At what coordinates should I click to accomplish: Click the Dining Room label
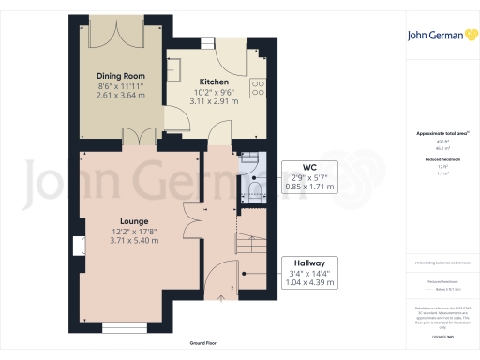point(120,75)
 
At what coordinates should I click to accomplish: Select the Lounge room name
point(109,221)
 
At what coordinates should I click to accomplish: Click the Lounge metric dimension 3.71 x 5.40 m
point(109,242)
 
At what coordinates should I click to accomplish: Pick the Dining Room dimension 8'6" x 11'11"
point(120,85)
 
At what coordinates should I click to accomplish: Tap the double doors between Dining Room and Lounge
point(139,138)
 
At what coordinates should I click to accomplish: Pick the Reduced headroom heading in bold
point(433,160)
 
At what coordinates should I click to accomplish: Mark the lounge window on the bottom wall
point(124,327)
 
